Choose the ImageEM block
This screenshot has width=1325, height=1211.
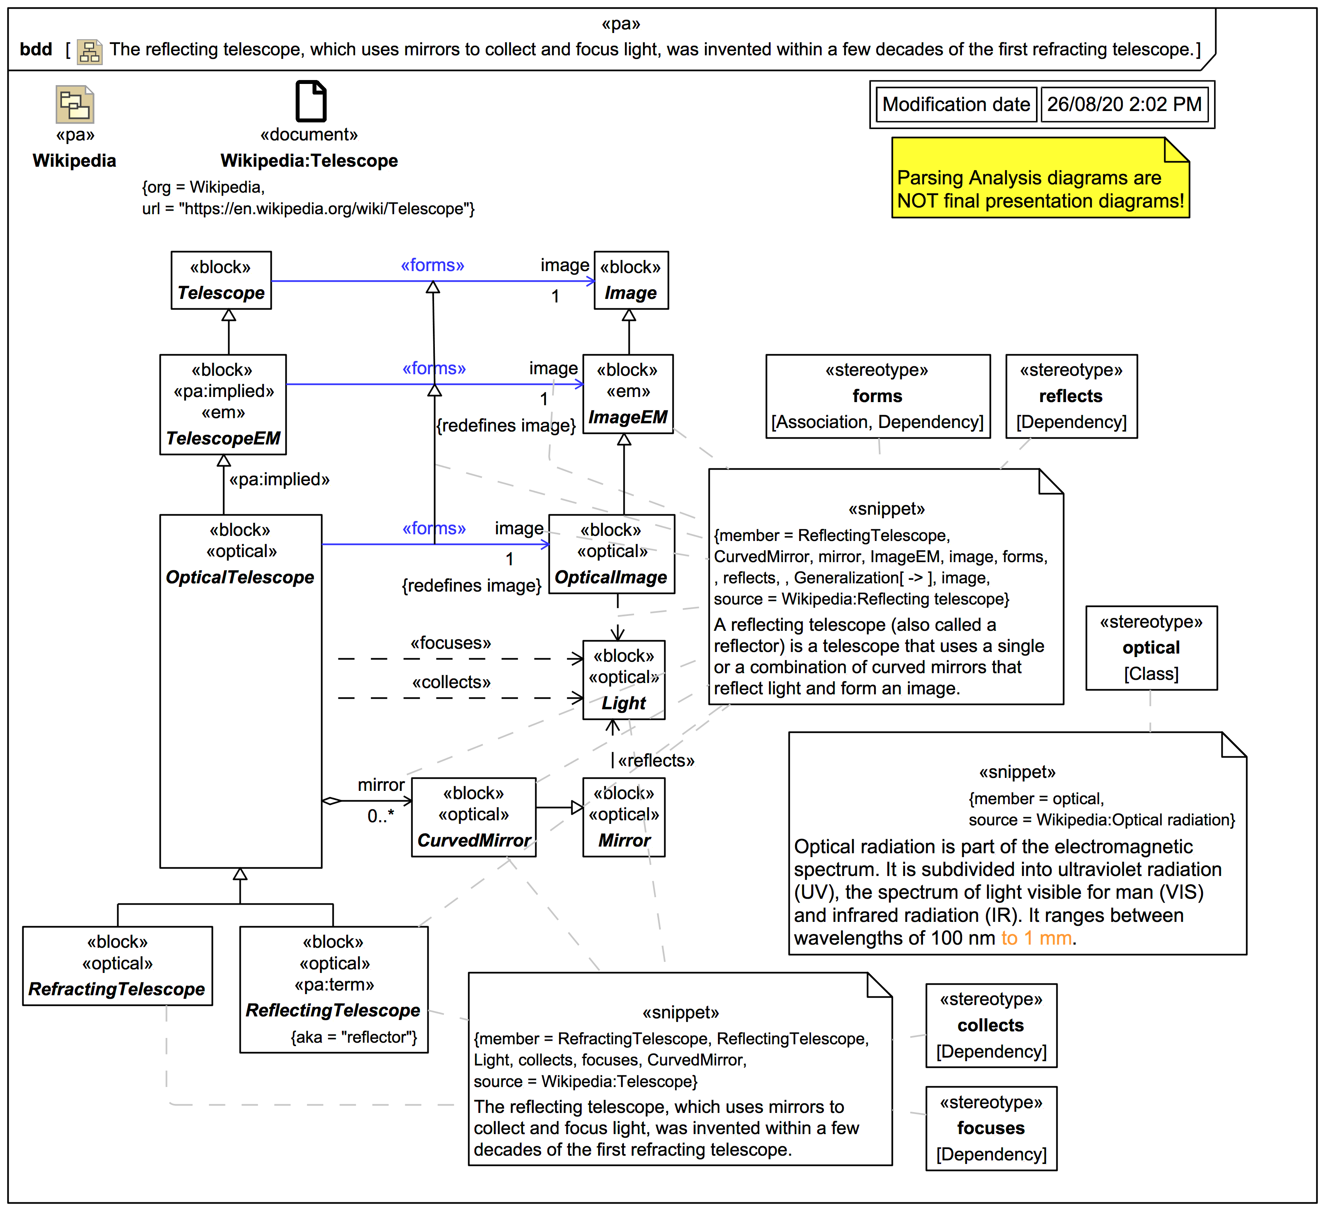click(x=628, y=395)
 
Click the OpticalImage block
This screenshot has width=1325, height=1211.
click(x=611, y=554)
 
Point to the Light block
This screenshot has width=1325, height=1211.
click(x=624, y=680)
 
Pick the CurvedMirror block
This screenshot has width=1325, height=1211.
click(x=473, y=817)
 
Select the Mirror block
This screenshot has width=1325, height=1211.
click(x=624, y=817)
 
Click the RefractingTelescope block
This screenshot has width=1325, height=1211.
click(x=117, y=966)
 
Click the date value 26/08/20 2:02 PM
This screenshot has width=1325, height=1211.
click(x=1124, y=104)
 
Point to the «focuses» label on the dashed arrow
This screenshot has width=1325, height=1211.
click(x=451, y=643)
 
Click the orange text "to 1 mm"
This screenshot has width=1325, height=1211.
click(x=1036, y=938)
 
